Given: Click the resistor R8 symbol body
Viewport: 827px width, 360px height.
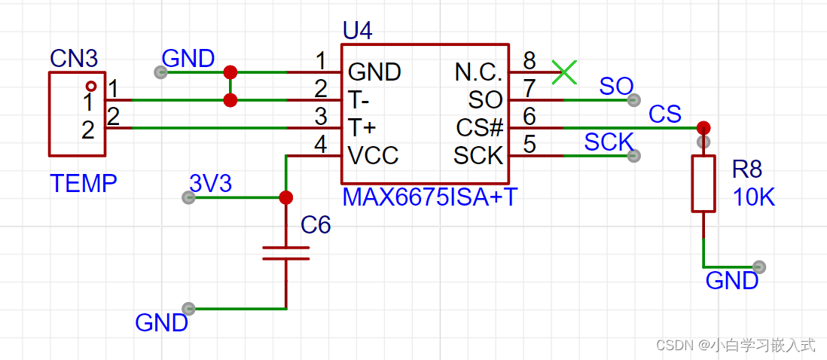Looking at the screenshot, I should pyautogui.click(x=703, y=184).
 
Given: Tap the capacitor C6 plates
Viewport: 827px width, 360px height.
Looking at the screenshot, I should pyautogui.click(x=285, y=252).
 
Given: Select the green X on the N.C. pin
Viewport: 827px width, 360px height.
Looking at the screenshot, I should pyautogui.click(x=564, y=72).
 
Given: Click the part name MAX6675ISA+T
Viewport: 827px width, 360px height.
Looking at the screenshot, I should pyautogui.click(x=429, y=198).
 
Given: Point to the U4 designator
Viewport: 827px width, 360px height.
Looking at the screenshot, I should pyautogui.click(x=357, y=32).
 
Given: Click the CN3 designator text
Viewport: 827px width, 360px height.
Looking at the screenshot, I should pyautogui.click(x=74, y=57).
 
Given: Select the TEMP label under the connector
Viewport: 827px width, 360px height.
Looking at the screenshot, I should pyautogui.click(x=83, y=182).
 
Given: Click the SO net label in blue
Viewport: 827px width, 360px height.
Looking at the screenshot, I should pyautogui.click(x=616, y=86).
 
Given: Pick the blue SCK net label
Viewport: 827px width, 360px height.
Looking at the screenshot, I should pyautogui.click(x=609, y=142).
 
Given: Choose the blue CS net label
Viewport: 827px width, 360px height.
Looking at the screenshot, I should pyautogui.click(x=665, y=114).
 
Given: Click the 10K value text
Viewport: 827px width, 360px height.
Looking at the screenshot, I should pyautogui.click(x=754, y=197).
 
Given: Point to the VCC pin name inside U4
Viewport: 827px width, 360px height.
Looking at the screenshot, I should pyautogui.click(x=374, y=156).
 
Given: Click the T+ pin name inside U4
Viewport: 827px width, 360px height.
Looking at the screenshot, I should pyautogui.click(x=362, y=128).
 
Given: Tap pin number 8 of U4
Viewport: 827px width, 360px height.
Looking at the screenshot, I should pyautogui.click(x=529, y=59).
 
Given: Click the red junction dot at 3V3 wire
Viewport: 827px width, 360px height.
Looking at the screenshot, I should pyautogui.click(x=285, y=197).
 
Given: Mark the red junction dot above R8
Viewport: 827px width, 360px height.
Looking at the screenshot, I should pyautogui.click(x=703, y=127).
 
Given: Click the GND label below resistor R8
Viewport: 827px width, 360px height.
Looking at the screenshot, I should pyautogui.click(x=731, y=281).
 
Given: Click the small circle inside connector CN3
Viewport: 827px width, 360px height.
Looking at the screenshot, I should pyautogui.click(x=90, y=86).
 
